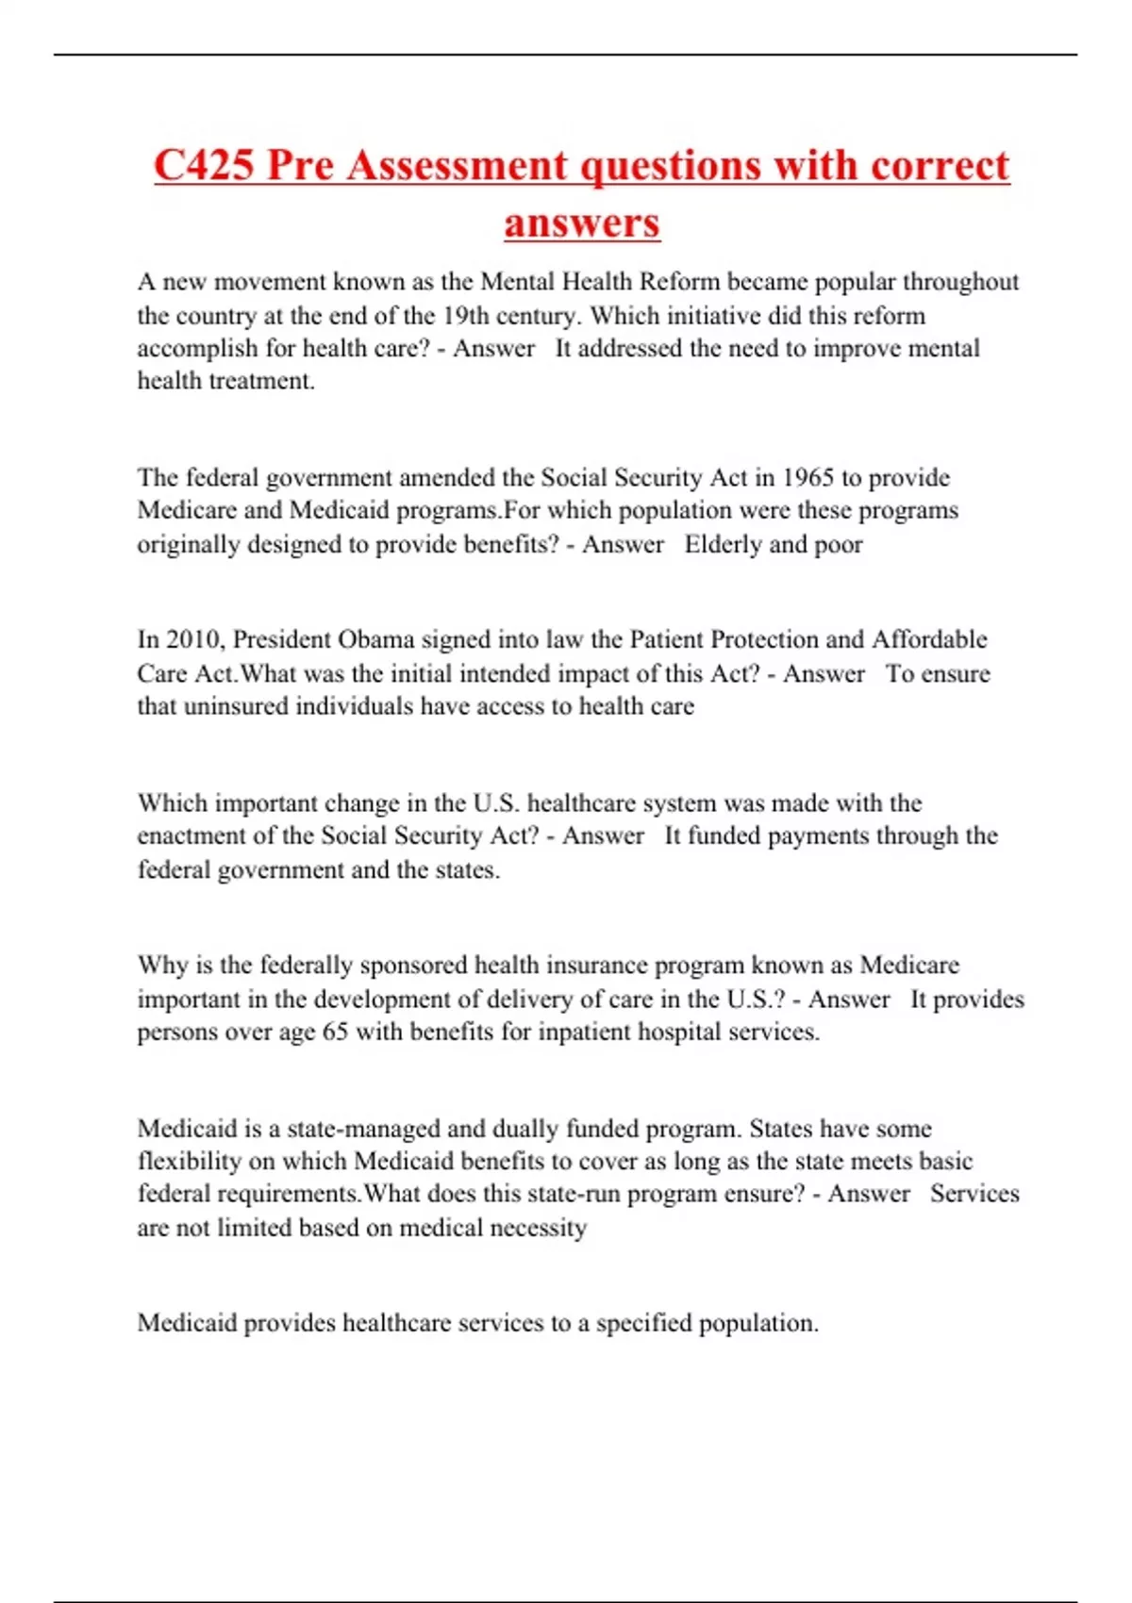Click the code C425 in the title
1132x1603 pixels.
204,166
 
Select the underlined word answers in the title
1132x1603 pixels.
581,223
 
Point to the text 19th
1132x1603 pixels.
465,315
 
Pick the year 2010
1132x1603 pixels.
195,639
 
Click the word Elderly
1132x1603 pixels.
724,544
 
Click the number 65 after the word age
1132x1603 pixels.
335,1032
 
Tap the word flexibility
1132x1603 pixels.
190,1161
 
